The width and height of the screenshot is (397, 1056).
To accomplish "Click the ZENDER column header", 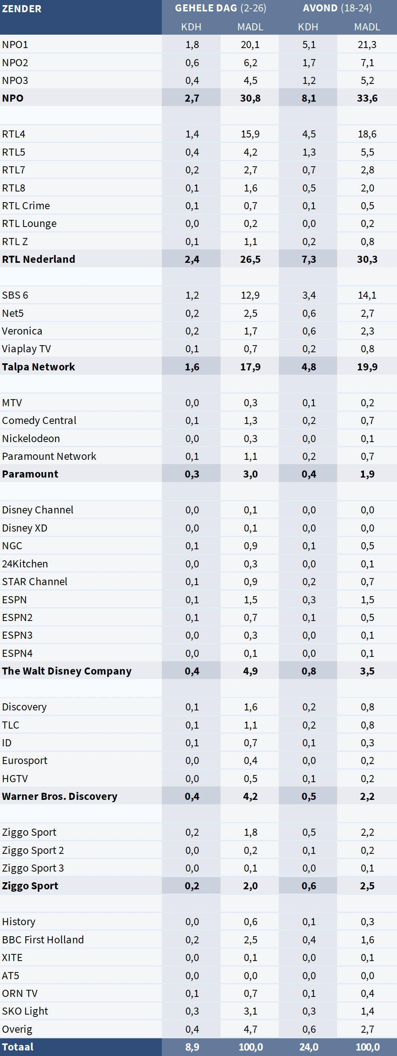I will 22,9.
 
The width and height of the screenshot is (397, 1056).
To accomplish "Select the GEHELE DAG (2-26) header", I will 221,8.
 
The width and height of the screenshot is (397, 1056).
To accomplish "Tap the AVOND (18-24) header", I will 337,8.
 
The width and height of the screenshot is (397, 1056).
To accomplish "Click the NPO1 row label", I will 15,45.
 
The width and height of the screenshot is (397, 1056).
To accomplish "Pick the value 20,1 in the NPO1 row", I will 250,45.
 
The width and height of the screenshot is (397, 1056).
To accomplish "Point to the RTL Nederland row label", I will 39,259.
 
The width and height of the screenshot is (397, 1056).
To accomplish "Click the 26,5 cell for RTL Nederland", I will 250,259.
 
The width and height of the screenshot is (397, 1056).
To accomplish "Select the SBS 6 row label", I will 15,295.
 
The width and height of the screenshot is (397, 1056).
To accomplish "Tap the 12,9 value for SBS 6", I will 250,295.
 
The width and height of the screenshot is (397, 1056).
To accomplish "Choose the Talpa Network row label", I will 39,366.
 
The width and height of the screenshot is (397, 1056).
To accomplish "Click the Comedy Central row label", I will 39,420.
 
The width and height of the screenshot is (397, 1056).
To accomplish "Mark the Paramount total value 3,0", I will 250,474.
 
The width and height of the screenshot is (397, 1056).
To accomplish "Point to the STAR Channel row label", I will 34,581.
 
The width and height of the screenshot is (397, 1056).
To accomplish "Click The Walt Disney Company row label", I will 67,671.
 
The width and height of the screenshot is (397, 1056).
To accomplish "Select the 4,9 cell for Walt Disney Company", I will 250,671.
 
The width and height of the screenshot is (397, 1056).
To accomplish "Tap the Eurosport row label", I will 24,760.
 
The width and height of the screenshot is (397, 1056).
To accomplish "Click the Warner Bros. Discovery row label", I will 59,796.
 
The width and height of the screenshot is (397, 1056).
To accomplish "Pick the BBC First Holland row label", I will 43,940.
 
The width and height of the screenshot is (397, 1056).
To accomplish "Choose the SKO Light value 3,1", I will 250,1011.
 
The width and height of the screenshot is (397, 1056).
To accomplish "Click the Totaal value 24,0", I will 308,1047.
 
